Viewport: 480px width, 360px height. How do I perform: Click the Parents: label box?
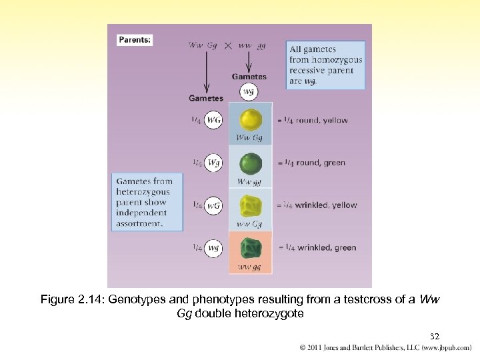(135, 40)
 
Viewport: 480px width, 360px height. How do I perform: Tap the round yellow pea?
(251, 120)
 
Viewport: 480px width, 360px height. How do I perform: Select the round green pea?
(251, 163)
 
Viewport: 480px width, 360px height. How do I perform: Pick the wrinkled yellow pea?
(251, 205)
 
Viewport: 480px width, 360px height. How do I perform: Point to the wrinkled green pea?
(251, 247)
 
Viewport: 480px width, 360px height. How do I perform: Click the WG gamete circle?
(214, 120)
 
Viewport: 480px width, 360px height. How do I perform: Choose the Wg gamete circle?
(214, 163)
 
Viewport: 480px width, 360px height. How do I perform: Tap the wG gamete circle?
(214, 205)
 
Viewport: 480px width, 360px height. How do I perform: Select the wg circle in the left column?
(214, 248)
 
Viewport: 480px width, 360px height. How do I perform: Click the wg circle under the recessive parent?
(249, 91)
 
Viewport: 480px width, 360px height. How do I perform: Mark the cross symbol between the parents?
(228, 46)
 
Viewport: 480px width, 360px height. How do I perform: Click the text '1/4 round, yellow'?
(312, 121)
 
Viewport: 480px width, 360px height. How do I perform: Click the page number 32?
(433, 337)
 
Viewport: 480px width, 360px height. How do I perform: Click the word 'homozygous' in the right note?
(326, 60)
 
